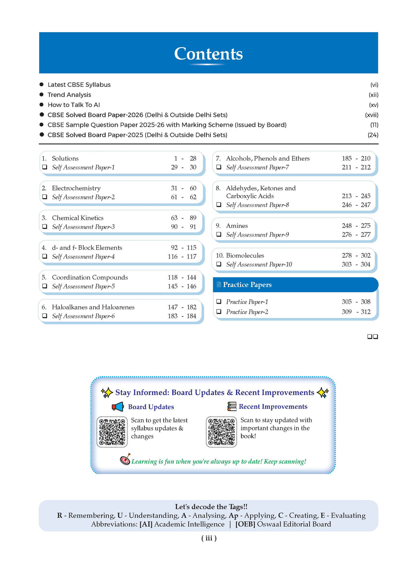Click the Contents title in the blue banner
tap(208, 54)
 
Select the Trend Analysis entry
tap(69, 95)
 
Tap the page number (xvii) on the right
tap(371, 115)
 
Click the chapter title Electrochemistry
tap(76, 188)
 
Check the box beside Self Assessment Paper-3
tap(44, 227)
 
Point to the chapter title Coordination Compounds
tap(90, 277)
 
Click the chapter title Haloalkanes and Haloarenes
tap(93, 307)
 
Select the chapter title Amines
tap(237, 225)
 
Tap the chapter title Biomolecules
tap(245, 255)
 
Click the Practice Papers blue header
tap(295, 285)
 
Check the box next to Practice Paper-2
tap(219, 312)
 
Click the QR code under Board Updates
tap(112, 432)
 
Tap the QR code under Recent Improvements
tap(221, 432)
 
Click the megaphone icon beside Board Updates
tap(118, 406)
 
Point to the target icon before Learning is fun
tap(125, 459)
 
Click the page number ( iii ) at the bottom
tap(209, 538)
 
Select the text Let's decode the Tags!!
tap(211, 507)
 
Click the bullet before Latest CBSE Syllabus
tap(42, 84)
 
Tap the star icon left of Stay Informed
tap(107, 393)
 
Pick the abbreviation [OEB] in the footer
tap(245, 524)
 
